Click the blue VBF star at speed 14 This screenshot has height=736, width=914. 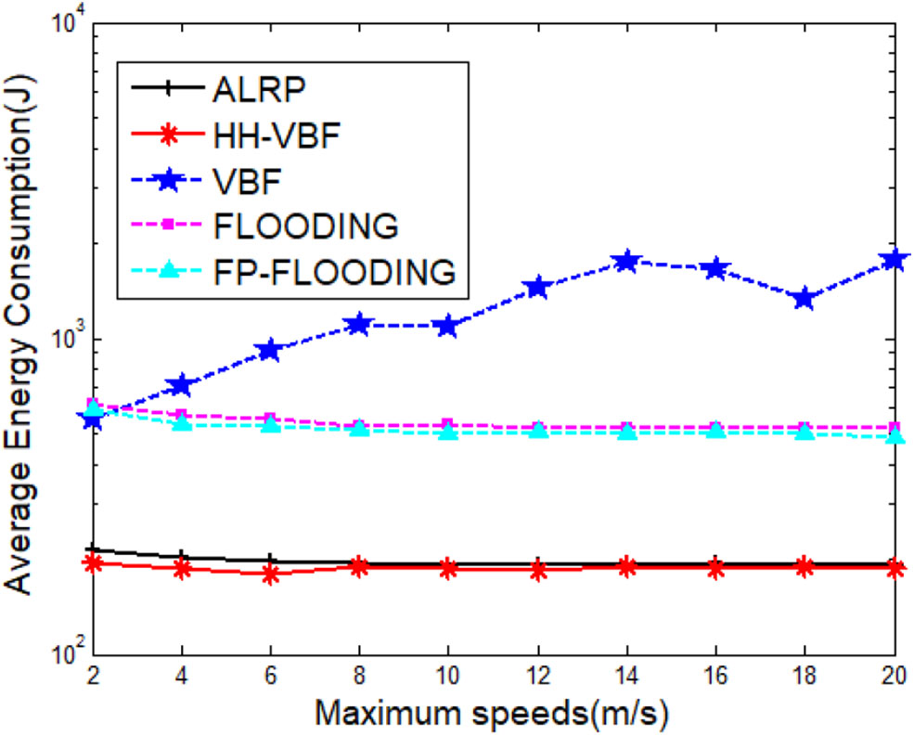[627, 262]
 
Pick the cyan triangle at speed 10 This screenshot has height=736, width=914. [449, 432]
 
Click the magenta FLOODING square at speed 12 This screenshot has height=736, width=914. [538, 428]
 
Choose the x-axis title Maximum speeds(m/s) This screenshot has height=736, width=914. [492, 712]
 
